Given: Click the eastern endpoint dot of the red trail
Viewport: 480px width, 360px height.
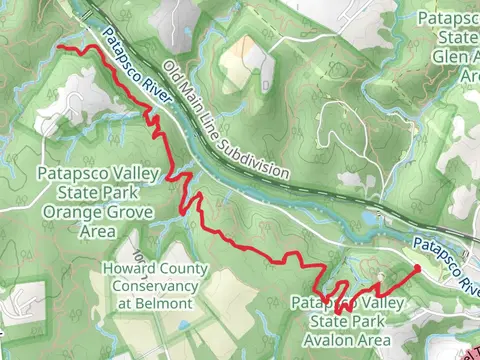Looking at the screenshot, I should [416, 269].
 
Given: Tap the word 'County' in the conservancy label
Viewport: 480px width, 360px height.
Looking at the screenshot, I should [181, 269].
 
